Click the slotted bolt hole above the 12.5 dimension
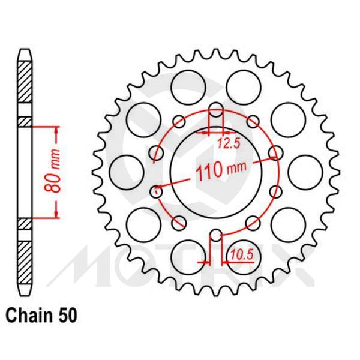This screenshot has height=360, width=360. point(217,112)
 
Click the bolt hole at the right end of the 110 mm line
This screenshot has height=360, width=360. point(276,153)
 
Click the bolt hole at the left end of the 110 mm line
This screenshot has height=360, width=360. point(157,192)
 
